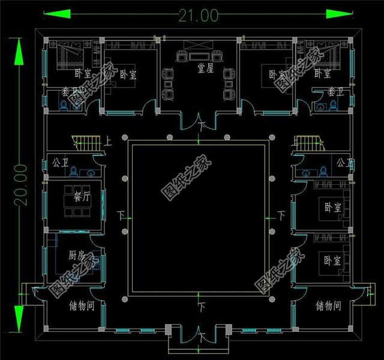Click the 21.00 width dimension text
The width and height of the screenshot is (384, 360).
197,16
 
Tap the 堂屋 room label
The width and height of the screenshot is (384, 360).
206,68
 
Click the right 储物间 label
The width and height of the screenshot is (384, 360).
328,306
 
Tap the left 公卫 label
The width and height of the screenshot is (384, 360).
61,163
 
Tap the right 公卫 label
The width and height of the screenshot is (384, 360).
344,163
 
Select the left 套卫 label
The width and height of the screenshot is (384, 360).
70,92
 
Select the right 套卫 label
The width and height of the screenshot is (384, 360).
335,92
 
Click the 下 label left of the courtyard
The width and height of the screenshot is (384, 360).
121,214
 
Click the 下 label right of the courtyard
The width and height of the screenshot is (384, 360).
280,214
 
